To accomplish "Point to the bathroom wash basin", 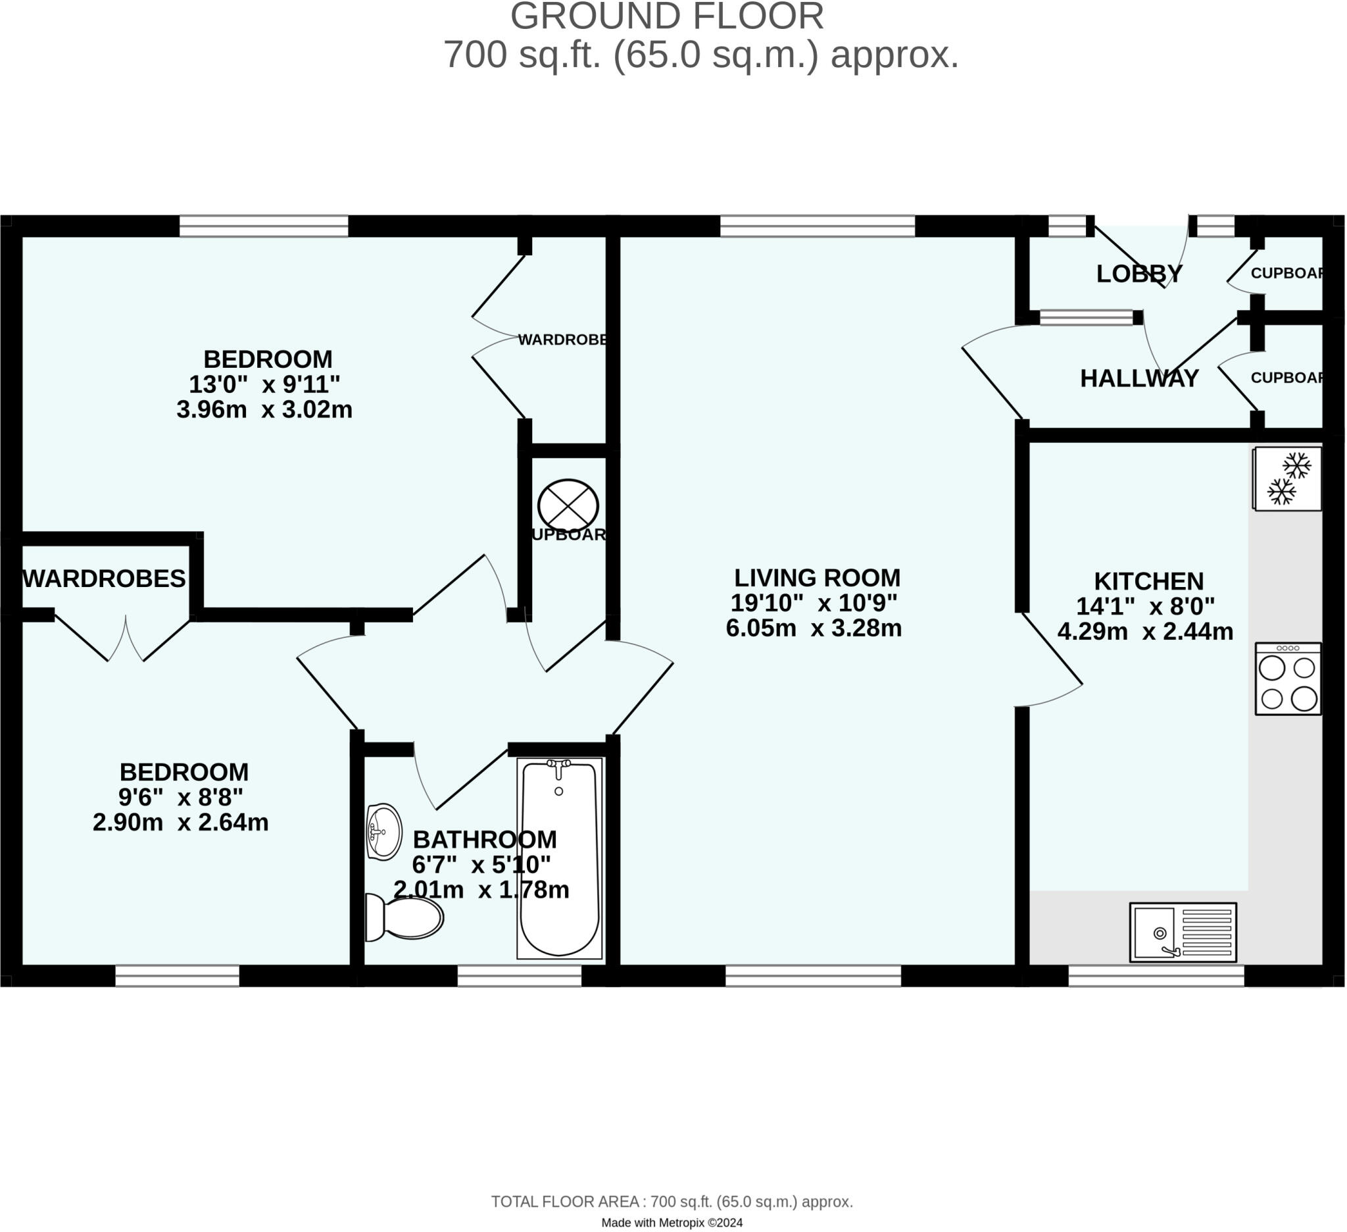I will click(x=385, y=833).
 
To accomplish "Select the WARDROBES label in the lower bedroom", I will click(x=104, y=579).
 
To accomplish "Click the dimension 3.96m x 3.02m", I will click(x=264, y=410).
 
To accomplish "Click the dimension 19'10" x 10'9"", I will click(x=814, y=603).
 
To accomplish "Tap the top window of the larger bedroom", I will click(x=264, y=226).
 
